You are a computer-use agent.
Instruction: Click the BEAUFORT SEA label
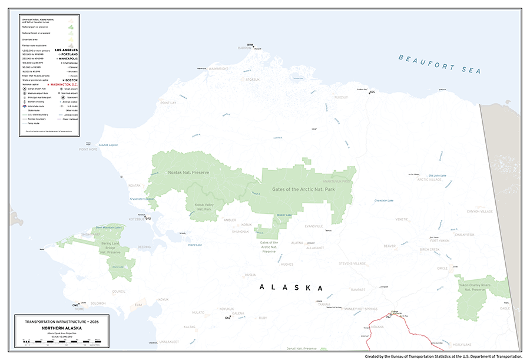439,64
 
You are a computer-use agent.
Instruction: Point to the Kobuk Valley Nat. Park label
203,207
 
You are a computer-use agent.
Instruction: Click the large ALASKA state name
292,288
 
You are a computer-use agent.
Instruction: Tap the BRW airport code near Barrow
250,45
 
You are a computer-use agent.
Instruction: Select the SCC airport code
372,92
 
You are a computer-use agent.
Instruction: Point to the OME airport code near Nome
75,305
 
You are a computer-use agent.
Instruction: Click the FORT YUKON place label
439,240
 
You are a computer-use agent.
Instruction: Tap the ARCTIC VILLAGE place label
430,179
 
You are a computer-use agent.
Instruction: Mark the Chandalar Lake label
383,200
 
